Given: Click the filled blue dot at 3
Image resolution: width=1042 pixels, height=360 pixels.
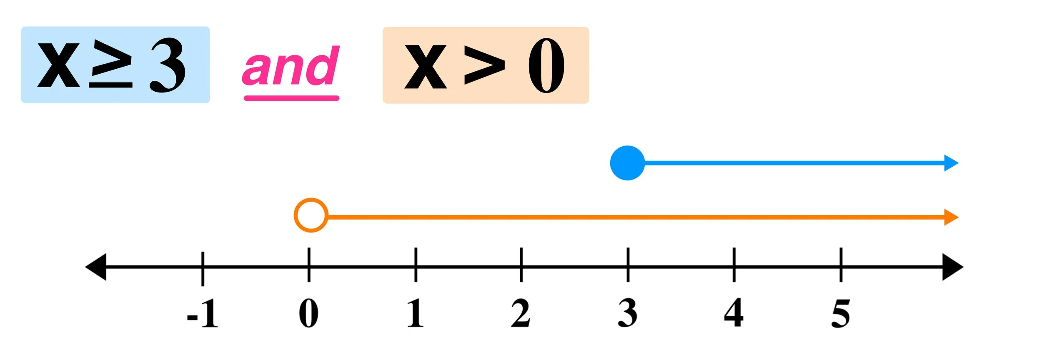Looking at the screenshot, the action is [x=627, y=163].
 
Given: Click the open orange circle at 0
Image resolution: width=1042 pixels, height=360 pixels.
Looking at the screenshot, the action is [x=311, y=215].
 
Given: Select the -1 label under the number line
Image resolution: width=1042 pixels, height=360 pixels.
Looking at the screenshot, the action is [x=203, y=313].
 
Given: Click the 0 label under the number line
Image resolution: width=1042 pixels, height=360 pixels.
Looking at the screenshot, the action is [x=309, y=313].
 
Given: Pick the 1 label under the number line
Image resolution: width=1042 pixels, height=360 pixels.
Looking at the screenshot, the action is [x=415, y=313].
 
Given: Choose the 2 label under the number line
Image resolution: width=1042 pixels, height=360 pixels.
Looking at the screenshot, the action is [x=521, y=313].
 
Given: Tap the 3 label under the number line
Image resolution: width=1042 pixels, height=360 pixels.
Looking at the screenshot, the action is [x=628, y=313].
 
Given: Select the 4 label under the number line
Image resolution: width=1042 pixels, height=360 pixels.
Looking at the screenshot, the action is [x=734, y=313].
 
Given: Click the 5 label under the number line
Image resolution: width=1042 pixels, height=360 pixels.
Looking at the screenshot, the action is [x=841, y=313].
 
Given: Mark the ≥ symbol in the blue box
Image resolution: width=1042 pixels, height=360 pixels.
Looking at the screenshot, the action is [x=111, y=65].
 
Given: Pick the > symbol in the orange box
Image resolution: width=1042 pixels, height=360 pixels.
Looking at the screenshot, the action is [x=484, y=65].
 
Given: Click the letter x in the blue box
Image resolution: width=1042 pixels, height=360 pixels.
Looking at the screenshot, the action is [x=58, y=65].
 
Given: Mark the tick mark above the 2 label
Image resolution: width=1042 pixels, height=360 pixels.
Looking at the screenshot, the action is [x=521, y=264].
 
